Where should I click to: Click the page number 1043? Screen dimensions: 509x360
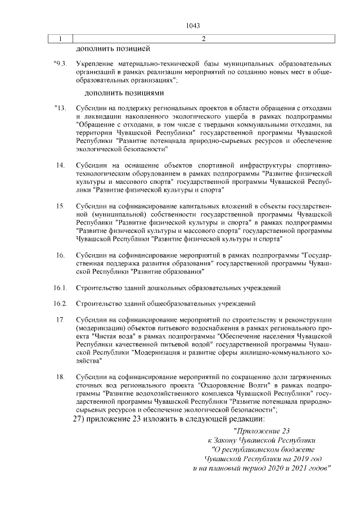click(x=193, y=26)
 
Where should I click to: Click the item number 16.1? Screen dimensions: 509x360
click(x=61, y=288)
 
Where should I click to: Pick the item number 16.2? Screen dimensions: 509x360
click(x=61, y=304)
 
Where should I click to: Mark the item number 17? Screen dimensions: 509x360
click(x=60, y=320)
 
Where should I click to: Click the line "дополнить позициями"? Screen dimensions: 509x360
click(x=124, y=92)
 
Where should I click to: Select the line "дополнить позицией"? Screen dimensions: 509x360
click(x=112, y=48)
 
